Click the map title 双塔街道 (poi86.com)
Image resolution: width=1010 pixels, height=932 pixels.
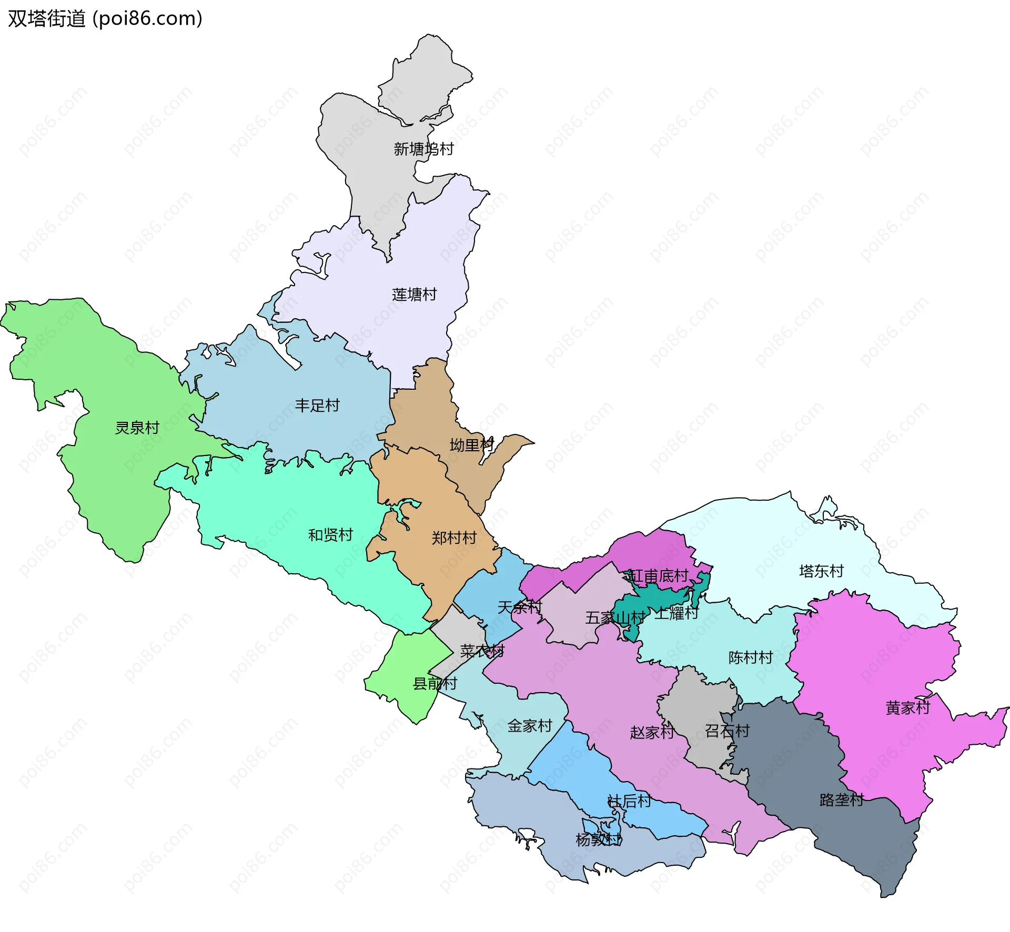pyautogui.click(x=105, y=19)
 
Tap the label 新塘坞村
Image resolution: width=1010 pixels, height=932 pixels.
pyautogui.click(x=423, y=149)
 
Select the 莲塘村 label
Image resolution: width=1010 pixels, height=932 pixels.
pyautogui.click(x=415, y=295)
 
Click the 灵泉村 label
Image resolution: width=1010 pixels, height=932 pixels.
pyautogui.click(x=137, y=428)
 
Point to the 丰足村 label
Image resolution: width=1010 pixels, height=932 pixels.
pyautogui.click(x=317, y=406)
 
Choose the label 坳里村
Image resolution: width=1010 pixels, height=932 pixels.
pyautogui.click(x=472, y=445)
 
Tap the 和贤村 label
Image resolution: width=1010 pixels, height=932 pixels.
pyautogui.click(x=330, y=535)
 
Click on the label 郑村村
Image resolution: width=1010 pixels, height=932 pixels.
pyautogui.click(x=454, y=538)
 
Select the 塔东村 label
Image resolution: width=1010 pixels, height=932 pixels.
pyautogui.click(x=821, y=571)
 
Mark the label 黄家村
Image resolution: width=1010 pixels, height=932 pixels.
pyautogui.click(x=908, y=707)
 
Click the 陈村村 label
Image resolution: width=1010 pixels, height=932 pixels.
pyautogui.click(x=751, y=657)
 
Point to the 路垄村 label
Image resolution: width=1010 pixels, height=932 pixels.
pyautogui.click(x=842, y=800)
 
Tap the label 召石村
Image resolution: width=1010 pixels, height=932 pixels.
pyautogui.click(x=727, y=731)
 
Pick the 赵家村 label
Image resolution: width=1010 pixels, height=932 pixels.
pyautogui.click(x=652, y=732)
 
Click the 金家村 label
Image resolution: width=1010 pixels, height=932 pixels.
pyautogui.click(x=530, y=726)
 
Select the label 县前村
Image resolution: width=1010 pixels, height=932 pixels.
pyautogui.click(x=435, y=684)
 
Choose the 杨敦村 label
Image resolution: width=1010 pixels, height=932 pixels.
pyautogui.click(x=599, y=839)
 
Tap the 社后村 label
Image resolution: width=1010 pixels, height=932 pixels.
pyautogui.click(x=629, y=801)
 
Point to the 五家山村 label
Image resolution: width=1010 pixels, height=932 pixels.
pyautogui.click(x=615, y=617)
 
